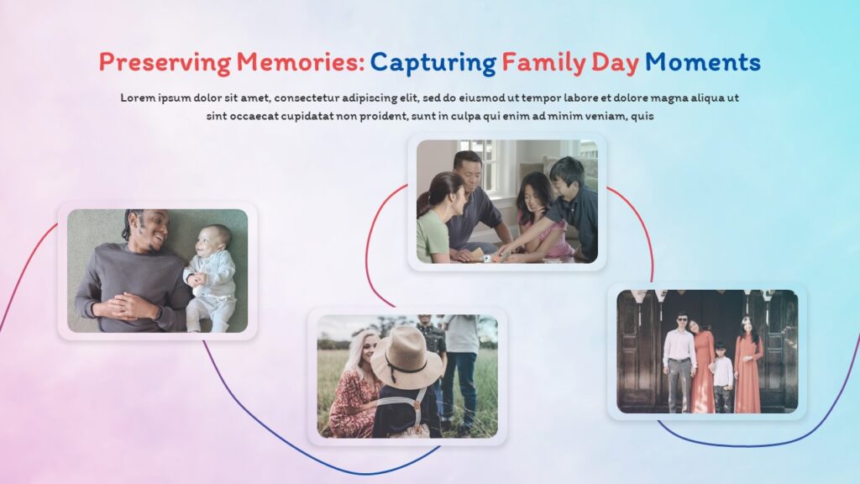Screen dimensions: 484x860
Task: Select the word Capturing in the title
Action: click(433, 62)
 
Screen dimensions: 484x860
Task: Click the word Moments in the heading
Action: click(703, 62)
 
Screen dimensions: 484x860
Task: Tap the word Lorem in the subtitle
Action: click(138, 97)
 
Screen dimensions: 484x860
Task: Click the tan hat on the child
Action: click(406, 356)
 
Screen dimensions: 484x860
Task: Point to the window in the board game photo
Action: click(483, 164)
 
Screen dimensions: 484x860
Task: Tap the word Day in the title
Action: click(614, 62)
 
